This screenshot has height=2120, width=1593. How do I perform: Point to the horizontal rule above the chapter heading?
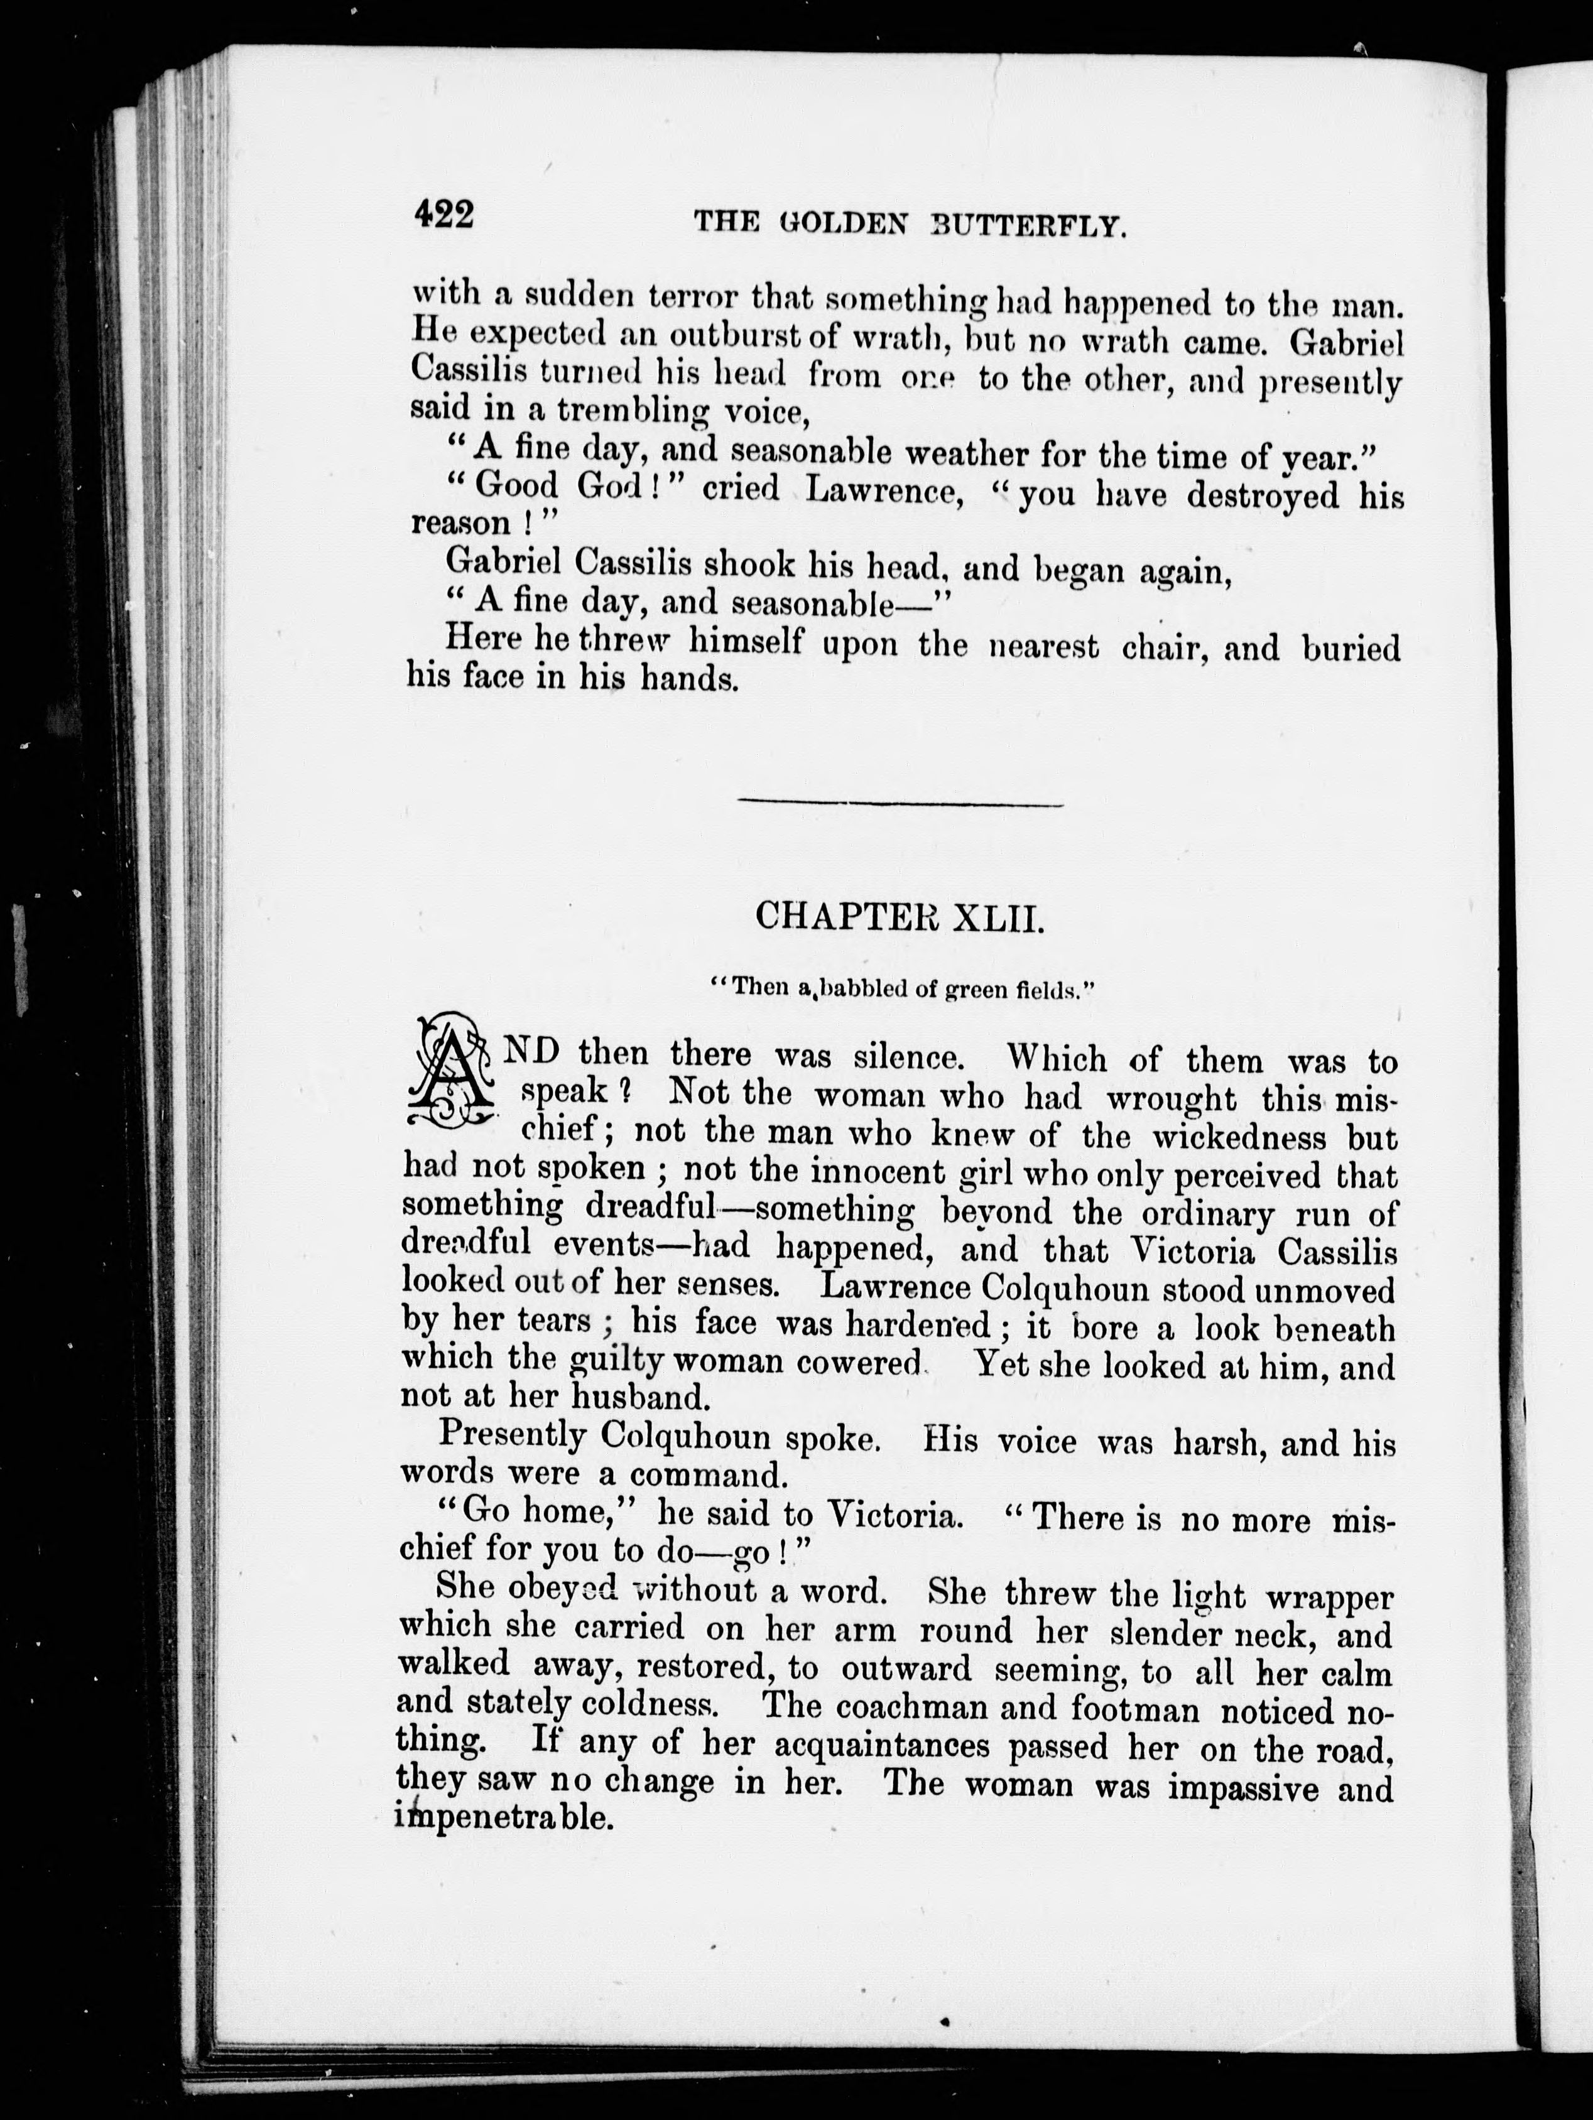[x=899, y=803]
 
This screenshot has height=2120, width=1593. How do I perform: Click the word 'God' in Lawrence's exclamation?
[x=614, y=486]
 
